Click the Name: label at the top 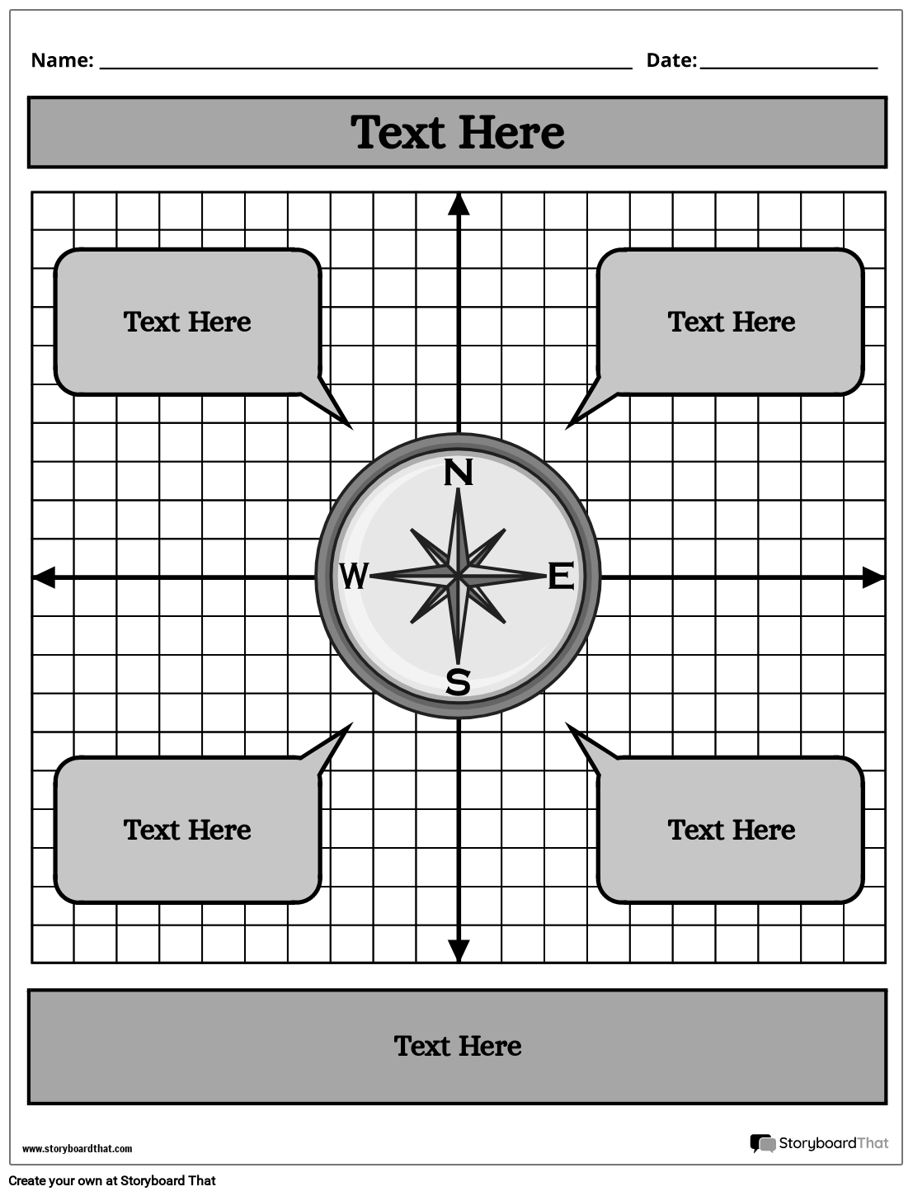tap(62, 60)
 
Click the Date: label tap(671, 60)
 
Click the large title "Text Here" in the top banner tap(458, 132)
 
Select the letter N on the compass tap(459, 473)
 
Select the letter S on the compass tap(458, 682)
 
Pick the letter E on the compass tap(561, 576)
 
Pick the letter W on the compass tap(354, 576)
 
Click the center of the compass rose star tap(458, 576)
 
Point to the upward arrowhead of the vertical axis tap(459, 204)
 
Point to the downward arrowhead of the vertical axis tap(459, 951)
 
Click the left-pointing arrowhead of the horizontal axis tap(44, 577)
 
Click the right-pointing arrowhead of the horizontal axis tap(873, 577)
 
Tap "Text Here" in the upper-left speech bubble tap(187, 322)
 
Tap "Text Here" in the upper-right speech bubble tap(732, 322)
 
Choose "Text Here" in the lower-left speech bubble tap(187, 830)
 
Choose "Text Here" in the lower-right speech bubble tap(732, 830)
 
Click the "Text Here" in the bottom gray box tap(458, 1046)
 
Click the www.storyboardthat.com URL tap(77, 1148)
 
